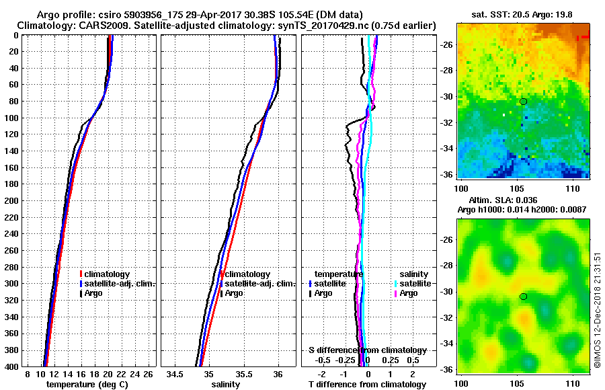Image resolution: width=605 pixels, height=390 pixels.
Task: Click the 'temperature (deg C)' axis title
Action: click(86, 385)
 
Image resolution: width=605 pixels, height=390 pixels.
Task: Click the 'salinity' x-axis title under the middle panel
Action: click(225, 385)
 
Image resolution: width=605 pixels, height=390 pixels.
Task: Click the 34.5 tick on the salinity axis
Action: click(176, 374)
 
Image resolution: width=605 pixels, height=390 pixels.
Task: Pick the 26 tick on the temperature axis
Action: click(149, 374)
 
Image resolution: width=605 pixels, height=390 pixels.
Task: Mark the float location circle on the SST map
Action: click(523, 102)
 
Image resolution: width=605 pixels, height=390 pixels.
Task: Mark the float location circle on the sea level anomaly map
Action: click(523, 297)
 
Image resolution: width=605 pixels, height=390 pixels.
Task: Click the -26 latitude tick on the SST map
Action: click(448, 44)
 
